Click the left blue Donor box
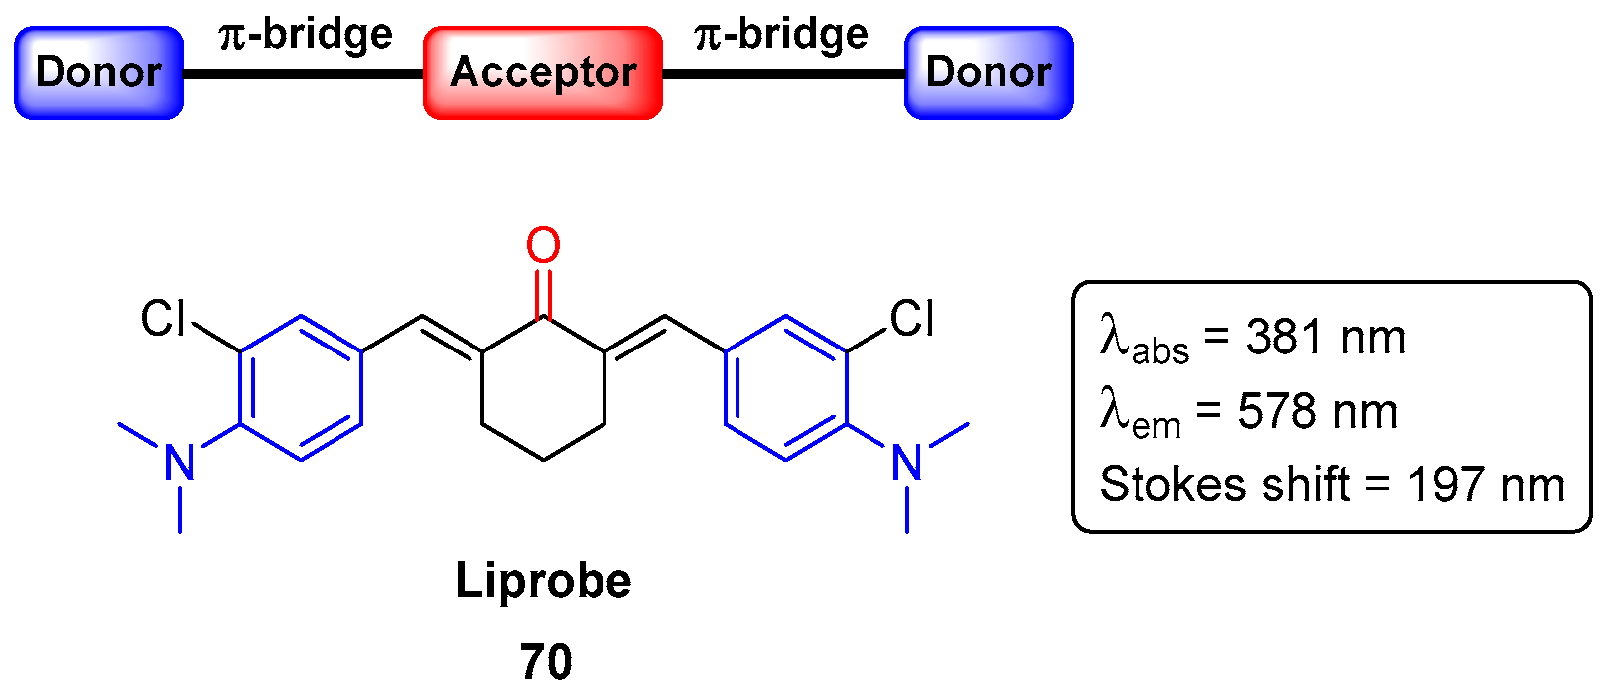[98, 72]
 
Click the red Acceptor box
[543, 72]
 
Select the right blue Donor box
[989, 72]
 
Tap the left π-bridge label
[306, 34]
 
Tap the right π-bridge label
[781, 34]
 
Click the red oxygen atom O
[543, 246]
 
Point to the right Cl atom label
[911, 319]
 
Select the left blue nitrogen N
[180, 463]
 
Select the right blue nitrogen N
[907, 463]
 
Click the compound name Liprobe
[543, 581]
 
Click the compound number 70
[546, 662]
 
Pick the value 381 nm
[1325, 338]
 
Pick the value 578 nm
[1317, 411]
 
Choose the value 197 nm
[1486, 485]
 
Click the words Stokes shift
[1225, 485]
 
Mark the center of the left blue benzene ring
[301, 387]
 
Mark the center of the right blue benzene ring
[786, 387]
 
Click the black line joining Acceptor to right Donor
[784, 73]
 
